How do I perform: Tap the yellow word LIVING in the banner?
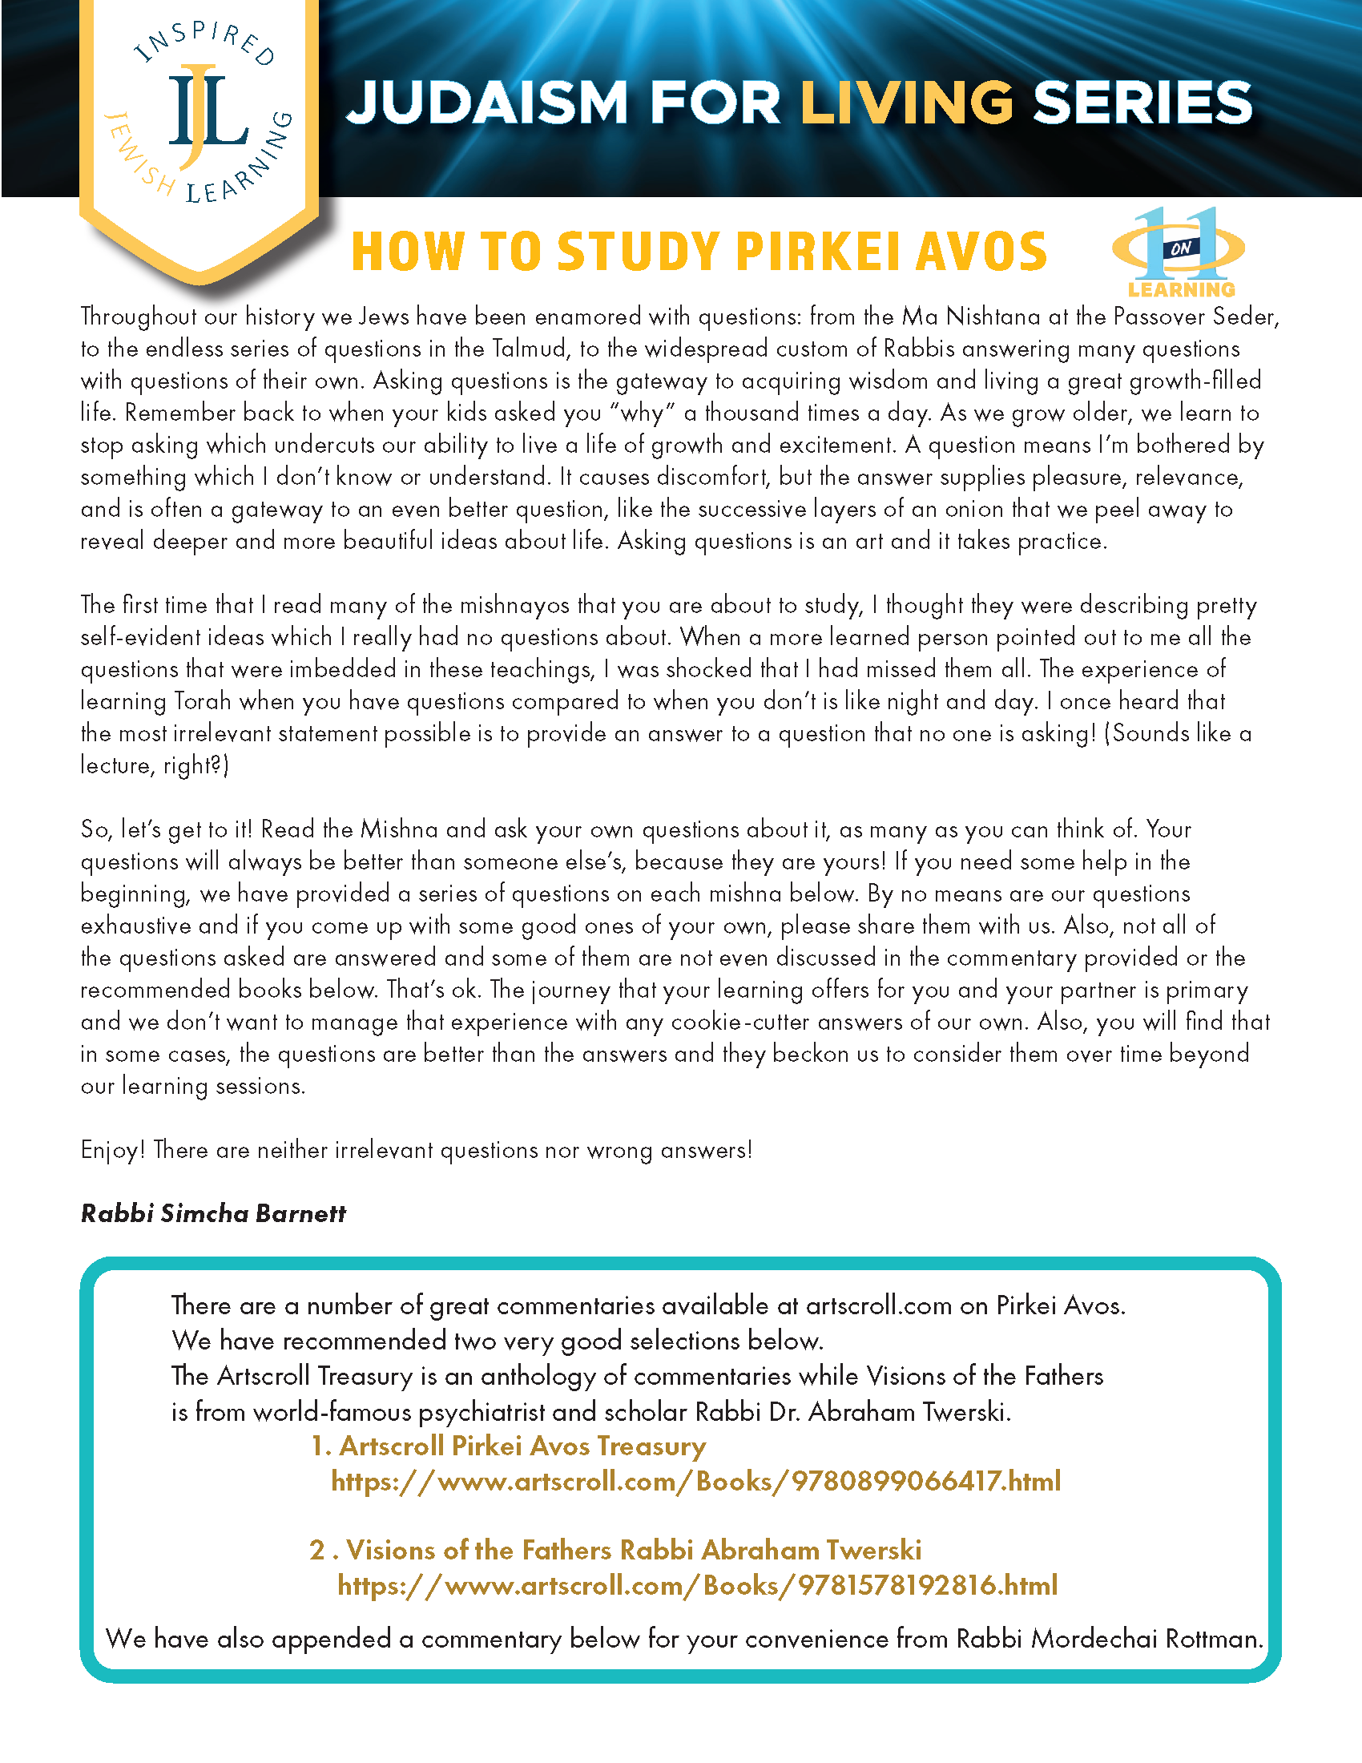(906, 103)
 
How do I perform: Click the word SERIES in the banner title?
(1142, 103)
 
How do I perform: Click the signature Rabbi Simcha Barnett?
(213, 1213)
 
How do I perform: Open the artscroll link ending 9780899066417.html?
(695, 1481)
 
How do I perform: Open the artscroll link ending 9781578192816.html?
(697, 1585)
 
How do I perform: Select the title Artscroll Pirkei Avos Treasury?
(522, 1446)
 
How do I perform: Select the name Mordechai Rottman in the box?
(1146, 1639)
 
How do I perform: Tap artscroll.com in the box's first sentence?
(879, 1305)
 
